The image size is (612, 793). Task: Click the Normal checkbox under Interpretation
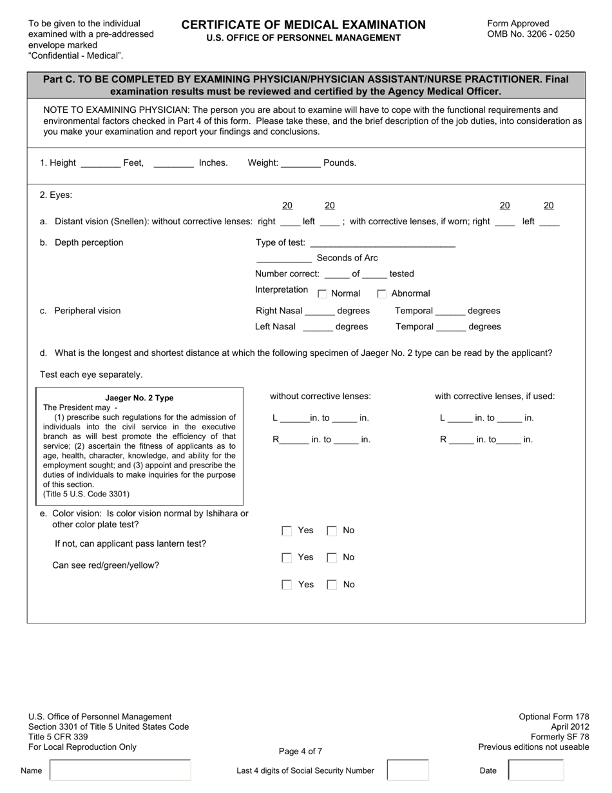click(323, 294)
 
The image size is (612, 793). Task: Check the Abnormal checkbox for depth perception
click(382, 294)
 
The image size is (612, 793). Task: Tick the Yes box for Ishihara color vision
click(287, 531)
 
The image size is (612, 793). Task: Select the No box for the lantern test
click(332, 558)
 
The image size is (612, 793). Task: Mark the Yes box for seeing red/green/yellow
click(287, 585)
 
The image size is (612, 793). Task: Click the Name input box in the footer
click(120, 770)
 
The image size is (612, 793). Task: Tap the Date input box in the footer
click(535, 770)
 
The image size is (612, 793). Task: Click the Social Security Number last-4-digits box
click(407, 770)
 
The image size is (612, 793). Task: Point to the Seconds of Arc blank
click(283, 259)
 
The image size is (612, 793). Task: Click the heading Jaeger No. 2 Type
click(139, 398)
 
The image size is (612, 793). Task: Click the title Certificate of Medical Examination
click(303, 25)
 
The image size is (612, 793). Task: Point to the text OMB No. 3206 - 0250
click(531, 34)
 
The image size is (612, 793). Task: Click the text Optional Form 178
click(554, 716)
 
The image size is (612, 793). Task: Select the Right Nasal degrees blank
click(319, 312)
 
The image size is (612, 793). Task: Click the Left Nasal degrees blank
click(318, 328)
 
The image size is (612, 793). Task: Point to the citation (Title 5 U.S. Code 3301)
click(86, 494)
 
